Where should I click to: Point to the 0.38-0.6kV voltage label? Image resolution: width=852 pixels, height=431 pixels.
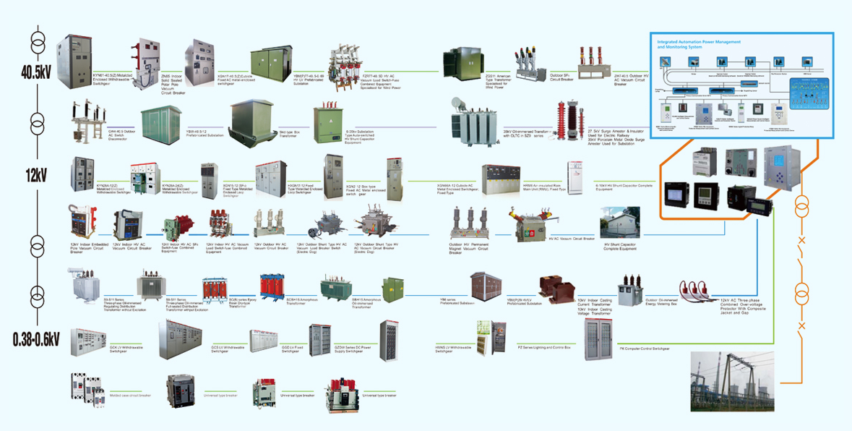[x=35, y=338]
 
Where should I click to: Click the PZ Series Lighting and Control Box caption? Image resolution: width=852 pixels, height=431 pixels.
[x=545, y=348]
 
